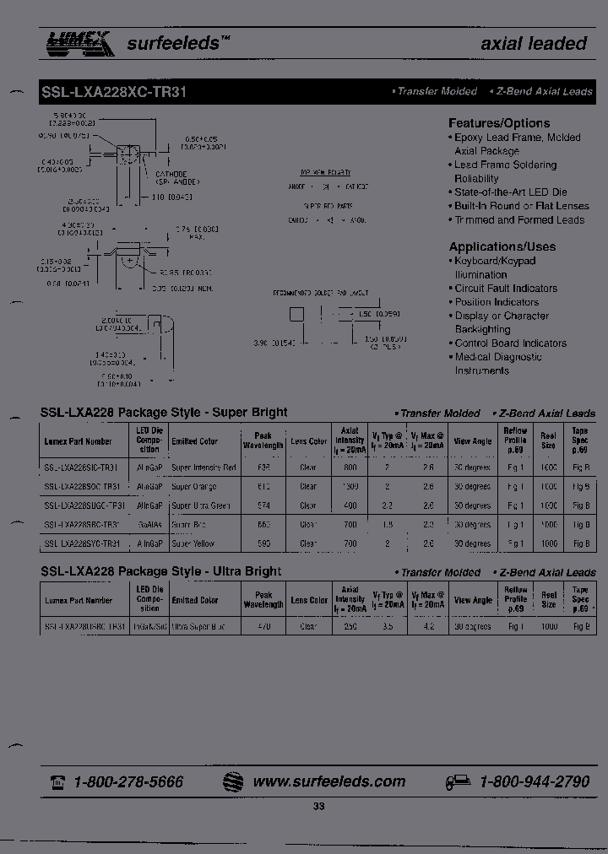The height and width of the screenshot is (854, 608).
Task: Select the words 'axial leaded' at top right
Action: (x=533, y=44)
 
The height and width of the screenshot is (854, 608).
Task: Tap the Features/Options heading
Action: (x=498, y=123)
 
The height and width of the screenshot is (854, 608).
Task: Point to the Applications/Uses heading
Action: (x=502, y=247)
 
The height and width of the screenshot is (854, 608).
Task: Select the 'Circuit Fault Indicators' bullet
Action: (x=506, y=289)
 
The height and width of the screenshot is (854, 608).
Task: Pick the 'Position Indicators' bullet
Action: (x=497, y=302)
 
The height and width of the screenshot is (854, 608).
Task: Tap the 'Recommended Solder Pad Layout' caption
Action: (x=320, y=292)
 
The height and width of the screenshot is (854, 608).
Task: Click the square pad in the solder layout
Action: (x=296, y=316)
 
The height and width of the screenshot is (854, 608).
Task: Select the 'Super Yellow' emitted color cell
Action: (x=193, y=543)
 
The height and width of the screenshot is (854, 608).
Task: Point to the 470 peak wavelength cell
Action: (x=263, y=628)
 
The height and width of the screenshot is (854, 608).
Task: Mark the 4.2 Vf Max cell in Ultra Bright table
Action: (x=428, y=628)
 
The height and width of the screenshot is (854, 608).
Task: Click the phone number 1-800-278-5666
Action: (x=128, y=781)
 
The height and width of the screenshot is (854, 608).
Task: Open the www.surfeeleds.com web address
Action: (x=328, y=781)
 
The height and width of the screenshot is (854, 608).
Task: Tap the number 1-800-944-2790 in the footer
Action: (x=534, y=781)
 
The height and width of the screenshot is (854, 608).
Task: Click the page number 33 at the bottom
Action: (x=318, y=807)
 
